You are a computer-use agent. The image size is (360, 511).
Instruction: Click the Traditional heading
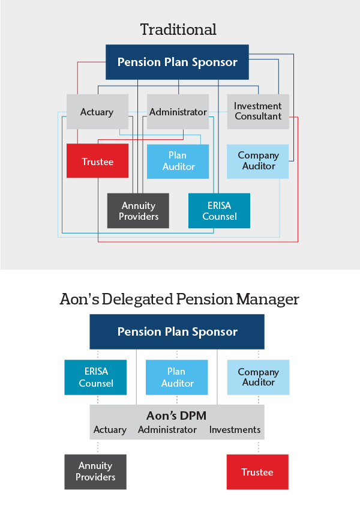pos(178,29)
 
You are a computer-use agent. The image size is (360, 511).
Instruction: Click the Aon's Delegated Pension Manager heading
pos(179,299)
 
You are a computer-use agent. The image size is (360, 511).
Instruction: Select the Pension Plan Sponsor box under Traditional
pos(177,62)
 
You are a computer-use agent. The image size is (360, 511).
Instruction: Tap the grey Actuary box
pos(97,112)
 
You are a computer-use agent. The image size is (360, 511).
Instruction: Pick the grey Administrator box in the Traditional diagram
pos(178,112)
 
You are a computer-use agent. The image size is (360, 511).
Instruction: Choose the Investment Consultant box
pos(258,111)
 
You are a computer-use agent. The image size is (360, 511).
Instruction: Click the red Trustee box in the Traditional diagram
pos(97,161)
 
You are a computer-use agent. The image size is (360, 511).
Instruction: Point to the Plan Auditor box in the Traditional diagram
pos(178,161)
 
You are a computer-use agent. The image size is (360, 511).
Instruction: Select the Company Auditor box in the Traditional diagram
pos(258,161)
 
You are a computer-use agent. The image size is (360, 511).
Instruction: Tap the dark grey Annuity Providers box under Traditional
pos(138,211)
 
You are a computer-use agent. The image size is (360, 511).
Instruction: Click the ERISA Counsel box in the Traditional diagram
pos(219,211)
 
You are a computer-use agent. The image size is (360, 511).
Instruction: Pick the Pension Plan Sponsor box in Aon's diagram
pos(177,331)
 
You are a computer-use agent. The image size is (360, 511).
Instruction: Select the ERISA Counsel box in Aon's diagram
pos(95,377)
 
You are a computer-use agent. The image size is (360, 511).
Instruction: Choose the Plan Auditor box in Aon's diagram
pos(177,377)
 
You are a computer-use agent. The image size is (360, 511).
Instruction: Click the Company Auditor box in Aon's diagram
pos(258,377)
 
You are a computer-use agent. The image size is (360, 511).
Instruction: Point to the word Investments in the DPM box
pos(235,430)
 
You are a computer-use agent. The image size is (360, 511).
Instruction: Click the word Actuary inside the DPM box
pos(110,430)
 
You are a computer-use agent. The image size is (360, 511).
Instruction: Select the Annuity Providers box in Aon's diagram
pos(95,471)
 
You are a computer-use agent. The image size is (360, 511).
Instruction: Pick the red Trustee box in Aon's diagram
pos(257,472)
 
